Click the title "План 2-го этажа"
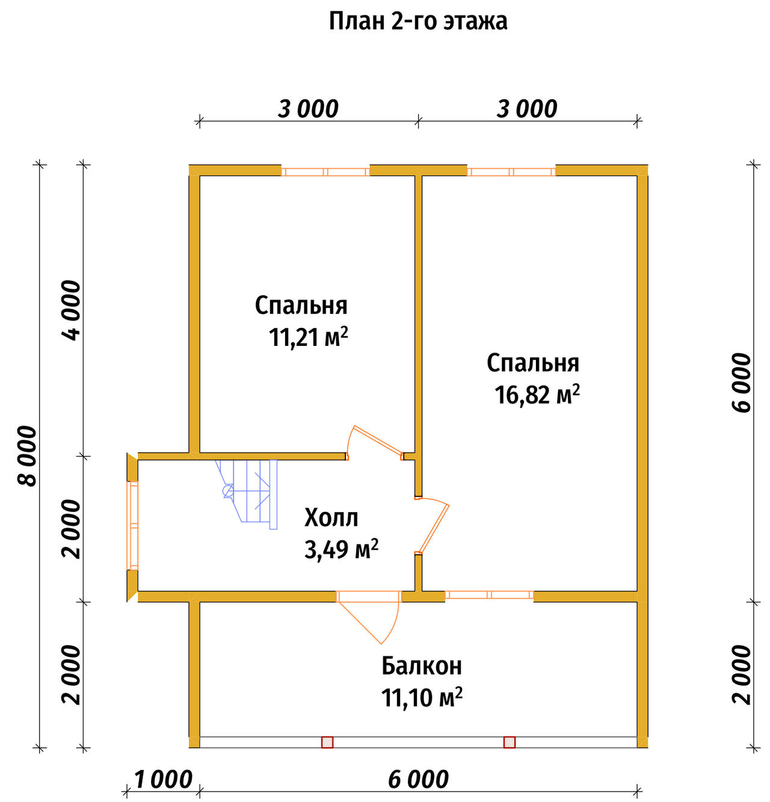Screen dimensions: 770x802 [417, 22]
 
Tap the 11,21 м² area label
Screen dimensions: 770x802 [308, 337]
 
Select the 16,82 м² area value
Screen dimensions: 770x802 [537, 395]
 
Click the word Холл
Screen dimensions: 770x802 [331, 518]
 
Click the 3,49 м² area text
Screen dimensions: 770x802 [340, 549]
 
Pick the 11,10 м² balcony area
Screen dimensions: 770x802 [421, 697]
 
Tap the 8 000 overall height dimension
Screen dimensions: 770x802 [28, 456]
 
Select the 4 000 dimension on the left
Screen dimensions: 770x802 [71, 310]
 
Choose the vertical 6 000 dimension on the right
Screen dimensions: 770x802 [742, 382]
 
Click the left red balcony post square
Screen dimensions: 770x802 [327, 742]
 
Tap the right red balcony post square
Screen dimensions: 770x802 [509, 742]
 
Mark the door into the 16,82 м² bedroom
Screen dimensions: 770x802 [433, 526]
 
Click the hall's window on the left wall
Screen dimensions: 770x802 [133, 525]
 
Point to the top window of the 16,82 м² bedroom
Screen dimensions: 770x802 [511, 171]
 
